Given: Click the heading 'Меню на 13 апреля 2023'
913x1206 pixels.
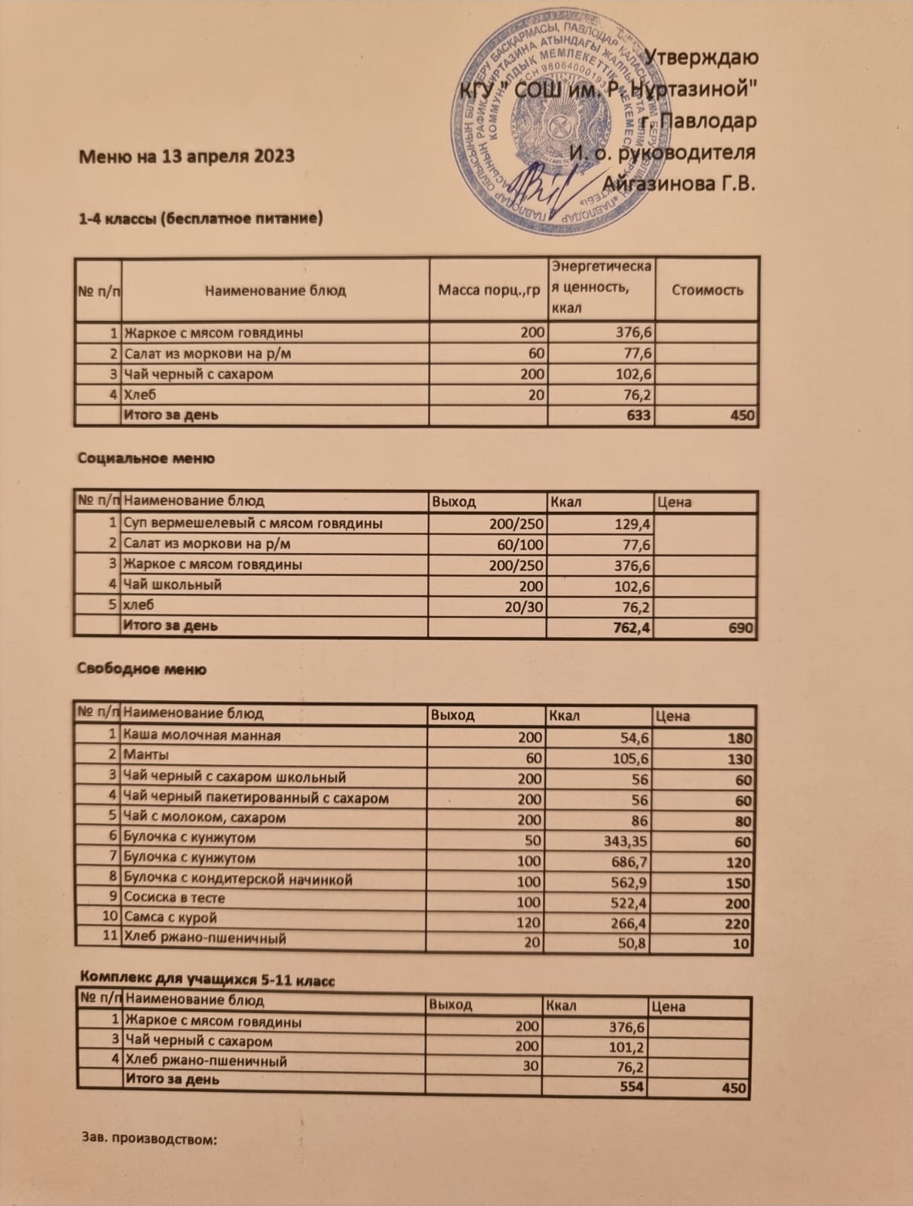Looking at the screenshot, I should tap(186, 156).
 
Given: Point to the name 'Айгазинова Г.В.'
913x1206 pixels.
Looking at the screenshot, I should tap(679, 183).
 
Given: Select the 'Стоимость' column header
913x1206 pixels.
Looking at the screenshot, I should tap(706, 290).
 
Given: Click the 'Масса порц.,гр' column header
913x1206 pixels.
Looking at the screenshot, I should tap(489, 290).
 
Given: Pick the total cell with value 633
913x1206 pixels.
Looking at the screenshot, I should tap(638, 415).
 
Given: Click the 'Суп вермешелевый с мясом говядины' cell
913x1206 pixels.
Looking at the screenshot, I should tap(253, 523).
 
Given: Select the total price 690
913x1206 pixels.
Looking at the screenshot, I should tap(742, 627).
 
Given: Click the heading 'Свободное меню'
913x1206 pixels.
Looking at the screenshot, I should tap(142, 669).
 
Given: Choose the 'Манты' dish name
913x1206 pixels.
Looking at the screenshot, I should tap(146, 755).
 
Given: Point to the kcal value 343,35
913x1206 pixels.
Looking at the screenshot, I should tap(623, 841).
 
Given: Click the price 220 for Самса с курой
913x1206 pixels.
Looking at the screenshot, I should tap(738, 923).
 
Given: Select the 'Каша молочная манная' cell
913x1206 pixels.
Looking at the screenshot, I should tap(201, 735).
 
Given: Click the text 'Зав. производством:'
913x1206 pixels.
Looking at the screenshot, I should tap(149, 1139).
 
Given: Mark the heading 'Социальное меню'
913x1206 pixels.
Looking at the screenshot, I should tap(146, 458).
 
